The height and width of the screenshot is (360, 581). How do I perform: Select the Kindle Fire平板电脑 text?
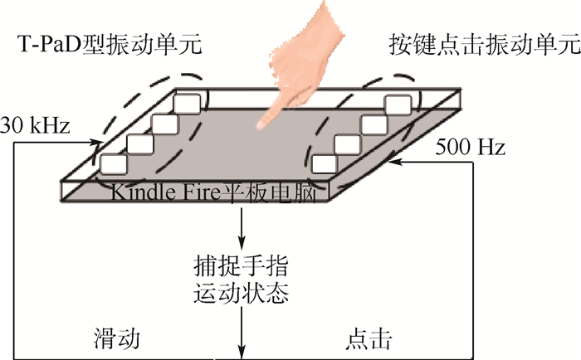click(219, 193)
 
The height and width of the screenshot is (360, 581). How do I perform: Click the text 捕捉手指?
click(241, 268)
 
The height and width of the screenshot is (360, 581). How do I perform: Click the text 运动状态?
click(241, 294)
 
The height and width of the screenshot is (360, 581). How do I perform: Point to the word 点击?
click(366, 340)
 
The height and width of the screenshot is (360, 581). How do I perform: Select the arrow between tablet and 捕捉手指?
click(241, 228)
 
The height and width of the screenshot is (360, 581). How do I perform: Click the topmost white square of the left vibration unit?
click(188, 105)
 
